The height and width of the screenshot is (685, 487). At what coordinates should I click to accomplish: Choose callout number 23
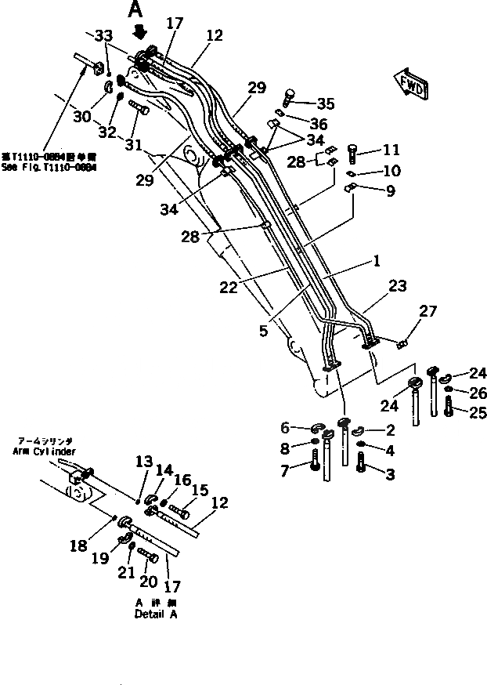click(398, 287)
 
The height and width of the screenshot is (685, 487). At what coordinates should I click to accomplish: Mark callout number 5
click(264, 332)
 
